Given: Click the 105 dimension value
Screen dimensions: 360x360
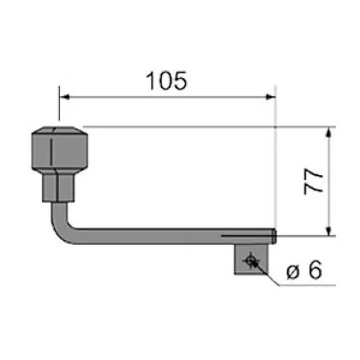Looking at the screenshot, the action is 167,81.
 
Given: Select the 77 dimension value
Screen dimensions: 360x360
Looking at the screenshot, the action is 313,181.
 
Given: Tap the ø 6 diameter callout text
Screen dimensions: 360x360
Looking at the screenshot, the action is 304,270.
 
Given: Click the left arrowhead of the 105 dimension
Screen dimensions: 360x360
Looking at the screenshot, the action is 65,96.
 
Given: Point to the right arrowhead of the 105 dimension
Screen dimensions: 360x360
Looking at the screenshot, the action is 270,96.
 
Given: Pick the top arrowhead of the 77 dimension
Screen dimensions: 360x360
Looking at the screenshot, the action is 330,131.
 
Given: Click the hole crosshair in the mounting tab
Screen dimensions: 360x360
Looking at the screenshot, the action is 250,261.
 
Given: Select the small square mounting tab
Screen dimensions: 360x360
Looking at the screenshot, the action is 250,259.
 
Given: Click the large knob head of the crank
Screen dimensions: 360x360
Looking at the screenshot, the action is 59,148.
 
